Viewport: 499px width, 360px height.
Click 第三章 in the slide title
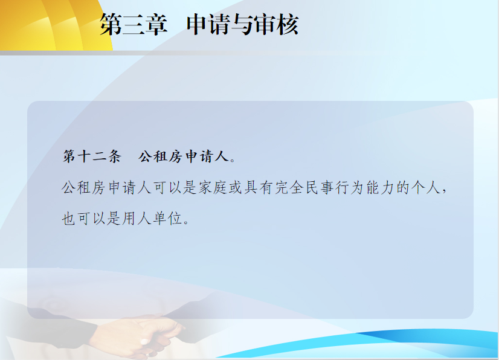pyautogui.click(x=134, y=25)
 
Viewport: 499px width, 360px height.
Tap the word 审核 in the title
pyautogui.click(x=276, y=25)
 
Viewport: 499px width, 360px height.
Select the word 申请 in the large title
pyautogui.click(x=209, y=25)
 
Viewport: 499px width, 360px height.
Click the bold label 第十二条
pyautogui.click(x=92, y=156)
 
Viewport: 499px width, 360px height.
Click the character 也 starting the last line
pyautogui.click(x=68, y=219)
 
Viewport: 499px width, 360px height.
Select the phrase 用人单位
pyautogui.click(x=152, y=219)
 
